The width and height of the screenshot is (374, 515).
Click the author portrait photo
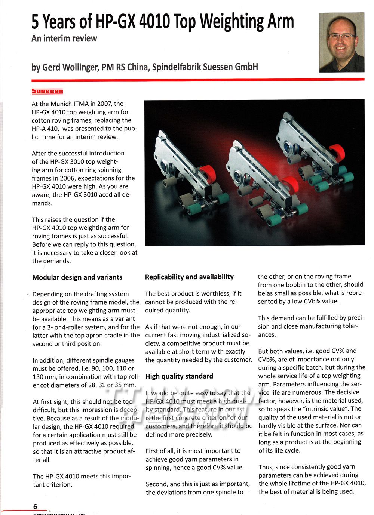pos(341,42)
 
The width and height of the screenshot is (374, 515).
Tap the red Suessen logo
pos(47,91)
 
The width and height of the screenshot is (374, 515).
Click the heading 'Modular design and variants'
pos(77,277)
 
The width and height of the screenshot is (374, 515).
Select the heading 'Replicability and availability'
pos(189,277)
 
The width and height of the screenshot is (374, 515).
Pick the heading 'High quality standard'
pos(179,376)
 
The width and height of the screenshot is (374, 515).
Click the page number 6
pos(35,507)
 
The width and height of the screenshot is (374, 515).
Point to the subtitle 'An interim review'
pos(64,38)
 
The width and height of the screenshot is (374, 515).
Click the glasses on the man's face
pos(342,36)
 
